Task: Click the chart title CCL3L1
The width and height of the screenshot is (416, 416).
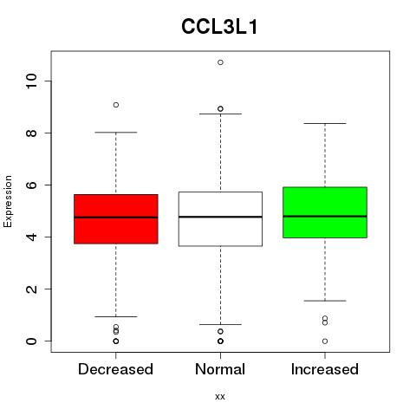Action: [219, 27]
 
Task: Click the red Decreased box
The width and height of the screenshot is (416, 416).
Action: [116, 219]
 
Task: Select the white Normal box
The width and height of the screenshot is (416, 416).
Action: [220, 219]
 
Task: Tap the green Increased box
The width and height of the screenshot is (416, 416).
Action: [325, 212]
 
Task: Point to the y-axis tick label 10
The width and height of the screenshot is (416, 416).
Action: [31, 81]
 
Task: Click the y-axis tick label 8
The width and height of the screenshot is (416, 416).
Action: [31, 133]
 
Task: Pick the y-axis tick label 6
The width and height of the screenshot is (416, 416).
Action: [31, 185]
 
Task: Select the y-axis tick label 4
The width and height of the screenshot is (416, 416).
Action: [31, 237]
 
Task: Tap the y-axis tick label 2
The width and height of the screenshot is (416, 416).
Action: [31, 289]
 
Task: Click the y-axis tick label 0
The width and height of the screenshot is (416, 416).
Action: [31, 341]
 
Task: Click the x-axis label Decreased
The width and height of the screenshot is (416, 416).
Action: [115, 369]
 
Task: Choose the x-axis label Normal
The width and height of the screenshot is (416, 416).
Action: [220, 369]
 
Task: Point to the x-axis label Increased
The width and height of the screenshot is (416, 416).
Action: [325, 369]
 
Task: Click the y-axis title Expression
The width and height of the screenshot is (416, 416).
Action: [8, 201]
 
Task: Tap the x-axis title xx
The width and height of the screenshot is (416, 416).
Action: [220, 396]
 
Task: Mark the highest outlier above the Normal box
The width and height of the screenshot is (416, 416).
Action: [220, 62]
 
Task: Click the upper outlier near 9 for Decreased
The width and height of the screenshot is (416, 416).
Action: [116, 105]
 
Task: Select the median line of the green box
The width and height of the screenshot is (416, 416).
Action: [325, 216]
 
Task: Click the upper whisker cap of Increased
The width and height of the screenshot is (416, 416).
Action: [325, 123]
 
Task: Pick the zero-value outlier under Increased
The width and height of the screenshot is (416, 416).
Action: [325, 341]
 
